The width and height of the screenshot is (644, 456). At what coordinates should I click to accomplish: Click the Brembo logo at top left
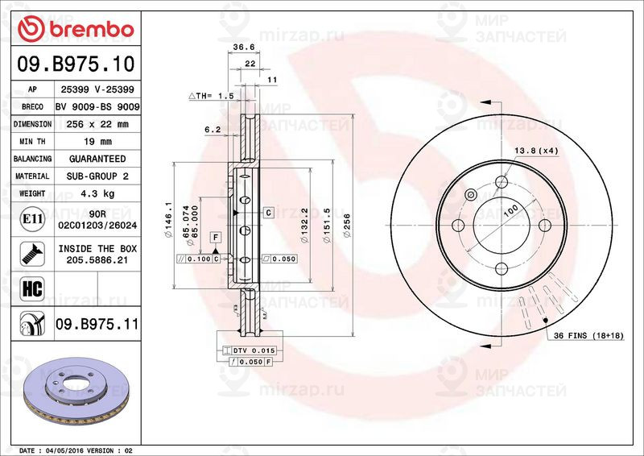(x=76, y=28)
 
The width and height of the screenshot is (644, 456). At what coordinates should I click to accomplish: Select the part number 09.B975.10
(x=76, y=64)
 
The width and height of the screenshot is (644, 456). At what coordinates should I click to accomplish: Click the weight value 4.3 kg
(x=97, y=193)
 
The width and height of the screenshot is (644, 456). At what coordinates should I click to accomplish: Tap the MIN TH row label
(x=32, y=142)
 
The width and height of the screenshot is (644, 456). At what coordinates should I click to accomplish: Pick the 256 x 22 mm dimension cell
(x=97, y=124)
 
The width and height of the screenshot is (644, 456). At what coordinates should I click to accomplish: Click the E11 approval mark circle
(x=32, y=219)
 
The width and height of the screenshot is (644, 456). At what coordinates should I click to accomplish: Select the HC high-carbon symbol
(x=32, y=288)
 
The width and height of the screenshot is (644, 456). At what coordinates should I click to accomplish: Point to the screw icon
(x=32, y=254)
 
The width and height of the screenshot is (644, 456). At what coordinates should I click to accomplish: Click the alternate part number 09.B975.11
(x=97, y=324)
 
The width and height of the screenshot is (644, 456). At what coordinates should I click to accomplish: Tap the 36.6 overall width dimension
(x=244, y=47)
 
